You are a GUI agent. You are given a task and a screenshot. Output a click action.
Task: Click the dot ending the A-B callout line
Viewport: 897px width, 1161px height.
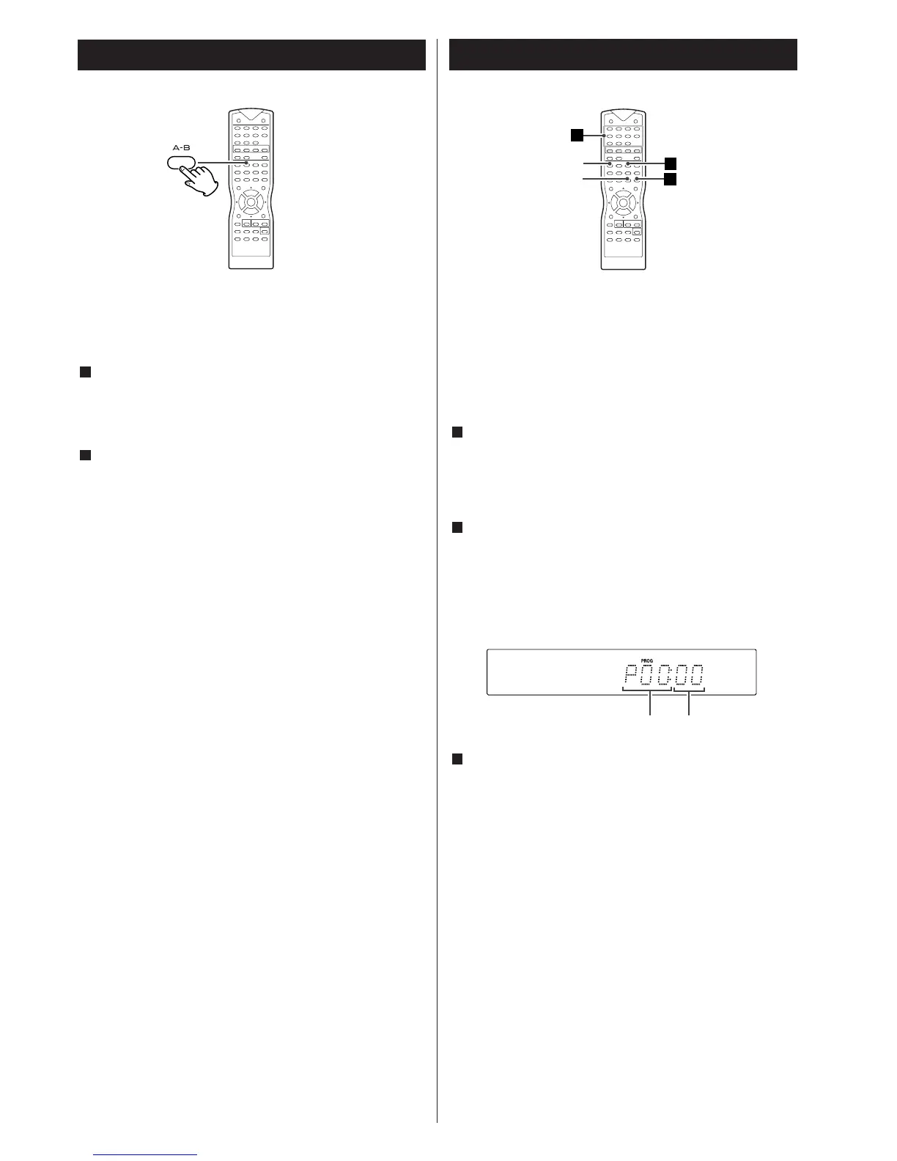coord(247,163)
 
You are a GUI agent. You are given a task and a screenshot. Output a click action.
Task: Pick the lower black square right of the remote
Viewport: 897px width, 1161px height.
coord(670,179)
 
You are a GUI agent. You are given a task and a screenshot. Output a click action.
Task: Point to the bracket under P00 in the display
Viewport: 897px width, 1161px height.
coord(647,690)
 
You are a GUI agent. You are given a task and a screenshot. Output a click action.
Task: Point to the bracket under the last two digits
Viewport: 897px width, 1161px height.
coord(689,690)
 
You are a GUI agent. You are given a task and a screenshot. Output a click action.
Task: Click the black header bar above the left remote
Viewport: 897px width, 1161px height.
coord(251,55)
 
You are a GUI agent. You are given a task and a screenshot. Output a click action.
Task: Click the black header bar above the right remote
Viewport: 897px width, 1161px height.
coord(623,55)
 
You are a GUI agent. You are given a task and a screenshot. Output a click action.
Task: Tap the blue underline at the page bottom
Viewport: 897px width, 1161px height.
coord(147,1155)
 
